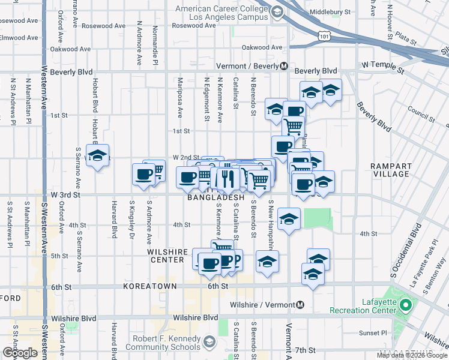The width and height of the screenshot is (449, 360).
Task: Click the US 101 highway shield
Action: (x=325, y=37)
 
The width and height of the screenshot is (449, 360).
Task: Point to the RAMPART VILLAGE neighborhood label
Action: (x=391, y=170)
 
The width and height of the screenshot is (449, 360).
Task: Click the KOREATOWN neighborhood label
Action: (x=149, y=287)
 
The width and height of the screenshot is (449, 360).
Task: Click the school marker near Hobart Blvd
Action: (x=97, y=155)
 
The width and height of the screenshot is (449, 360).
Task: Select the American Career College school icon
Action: (x=277, y=12)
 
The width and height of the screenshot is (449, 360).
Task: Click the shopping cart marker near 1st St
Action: (x=293, y=127)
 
